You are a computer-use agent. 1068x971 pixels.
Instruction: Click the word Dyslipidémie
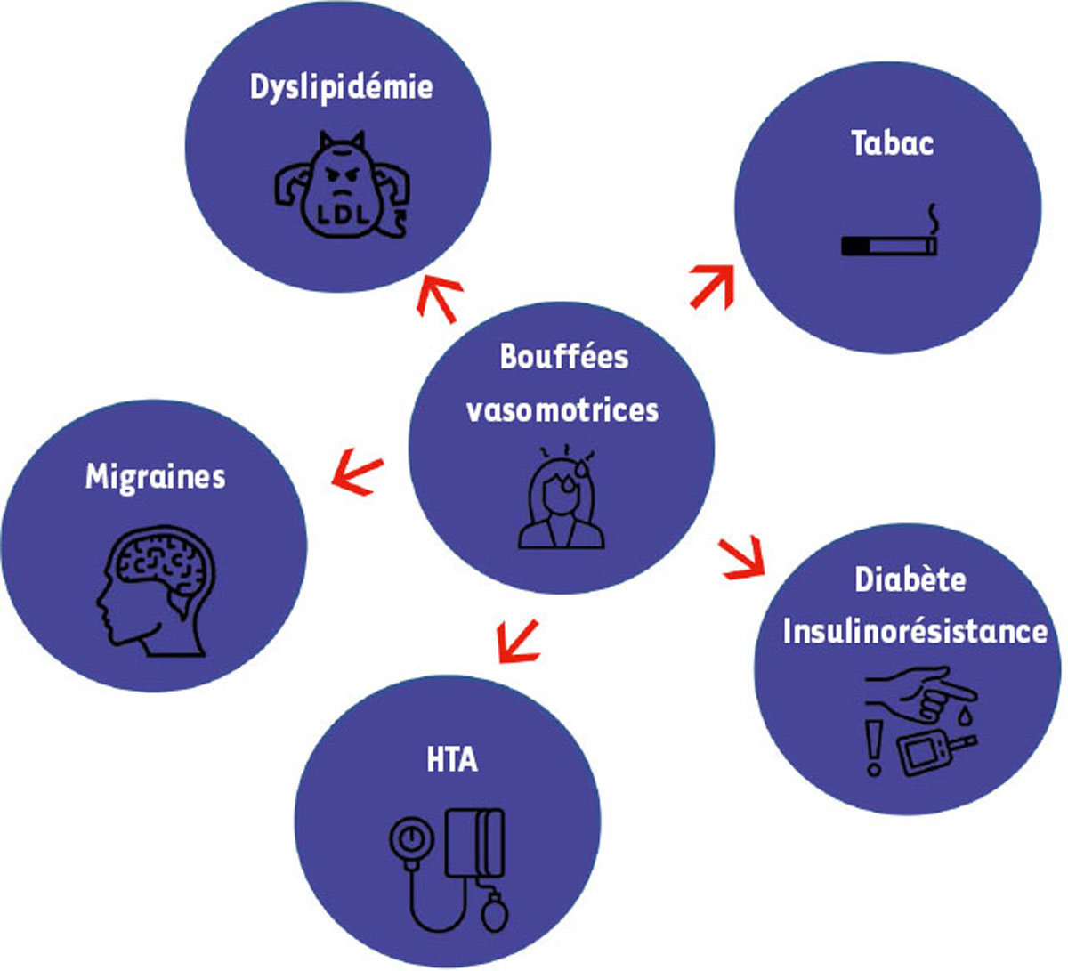point(341,88)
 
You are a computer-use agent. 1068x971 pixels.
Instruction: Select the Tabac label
point(892,143)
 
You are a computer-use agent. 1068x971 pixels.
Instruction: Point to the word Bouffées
point(563,356)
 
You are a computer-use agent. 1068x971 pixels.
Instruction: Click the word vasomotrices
point(562,409)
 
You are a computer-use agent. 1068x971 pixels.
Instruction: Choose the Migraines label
point(155,477)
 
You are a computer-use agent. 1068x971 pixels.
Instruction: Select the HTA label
point(451,761)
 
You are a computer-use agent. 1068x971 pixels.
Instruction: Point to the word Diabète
point(910,579)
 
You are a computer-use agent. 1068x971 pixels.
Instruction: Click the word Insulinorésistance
point(914,632)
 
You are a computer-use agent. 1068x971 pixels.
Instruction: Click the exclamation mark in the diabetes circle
point(874,748)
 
